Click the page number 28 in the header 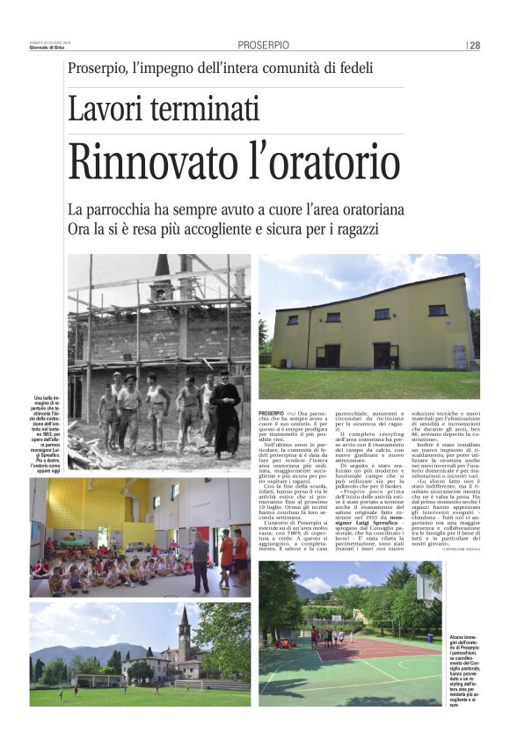(475, 46)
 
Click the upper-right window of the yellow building (436, 310)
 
